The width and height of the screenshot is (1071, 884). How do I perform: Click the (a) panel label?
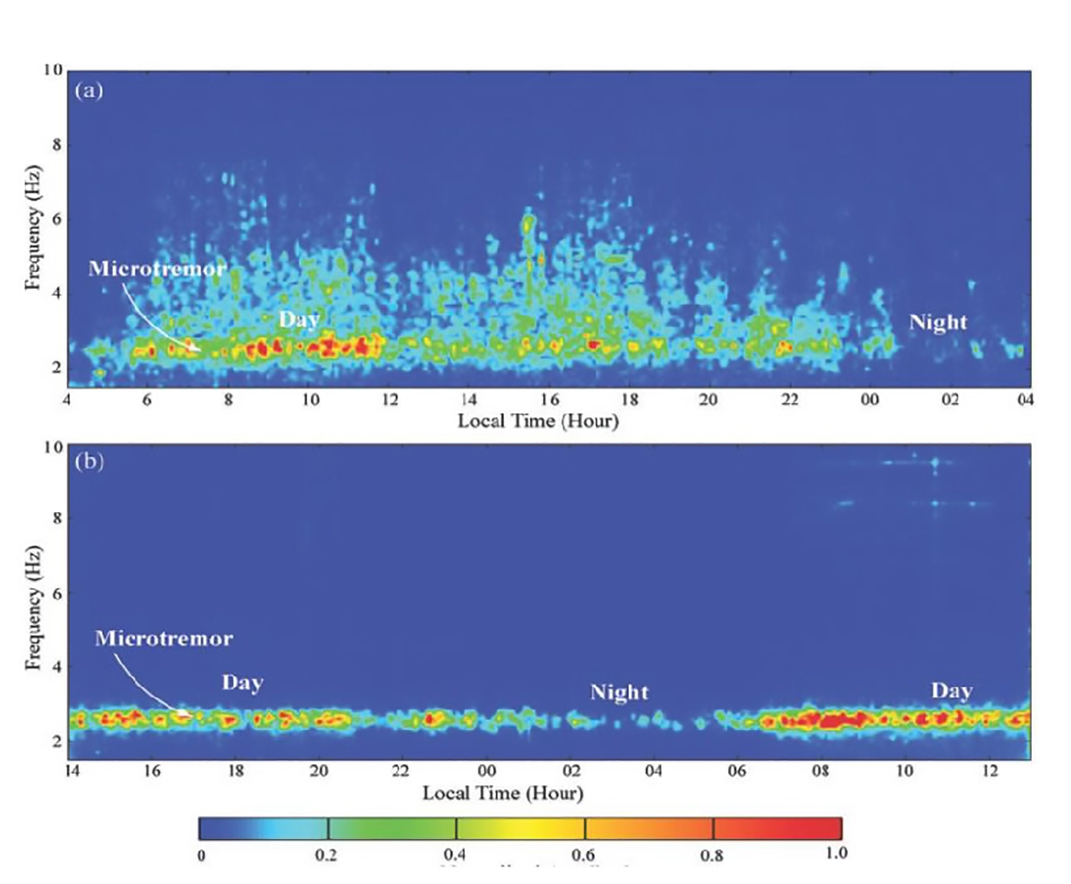(x=89, y=89)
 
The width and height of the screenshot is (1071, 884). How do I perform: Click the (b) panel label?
(x=89, y=461)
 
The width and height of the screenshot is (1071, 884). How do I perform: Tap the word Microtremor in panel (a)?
(x=157, y=269)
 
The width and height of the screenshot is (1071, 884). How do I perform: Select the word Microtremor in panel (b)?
(x=164, y=638)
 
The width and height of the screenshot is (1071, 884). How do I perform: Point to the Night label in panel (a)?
(x=938, y=323)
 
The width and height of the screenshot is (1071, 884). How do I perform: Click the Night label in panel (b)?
(x=619, y=692)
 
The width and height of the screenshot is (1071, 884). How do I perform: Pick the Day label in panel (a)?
(x=299, y=319)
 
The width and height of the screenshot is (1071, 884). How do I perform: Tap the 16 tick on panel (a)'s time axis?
(x=549, y=400)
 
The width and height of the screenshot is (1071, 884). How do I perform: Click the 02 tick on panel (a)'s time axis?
(x=949, y=400)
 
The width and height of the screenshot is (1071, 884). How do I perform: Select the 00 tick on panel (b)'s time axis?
(x=486, y=771)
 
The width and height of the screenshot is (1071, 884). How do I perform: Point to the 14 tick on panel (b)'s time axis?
(x=73, y=771)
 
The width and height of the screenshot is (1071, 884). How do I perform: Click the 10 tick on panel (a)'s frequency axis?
(x=53, y=70)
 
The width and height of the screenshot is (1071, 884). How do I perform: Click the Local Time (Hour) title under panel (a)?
(x=538, y=421)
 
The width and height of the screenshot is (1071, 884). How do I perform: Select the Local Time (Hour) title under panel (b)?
(x=503, y=793)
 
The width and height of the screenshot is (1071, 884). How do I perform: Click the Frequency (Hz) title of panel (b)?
(x=33, y=608)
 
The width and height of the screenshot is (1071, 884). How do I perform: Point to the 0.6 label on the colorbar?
(x=584, y=855)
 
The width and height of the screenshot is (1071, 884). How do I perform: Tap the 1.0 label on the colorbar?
(x=836, y=852)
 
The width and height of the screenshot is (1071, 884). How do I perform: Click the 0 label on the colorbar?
(x=201, y=855)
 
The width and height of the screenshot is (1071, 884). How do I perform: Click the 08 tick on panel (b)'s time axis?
(x=821, y=771)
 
